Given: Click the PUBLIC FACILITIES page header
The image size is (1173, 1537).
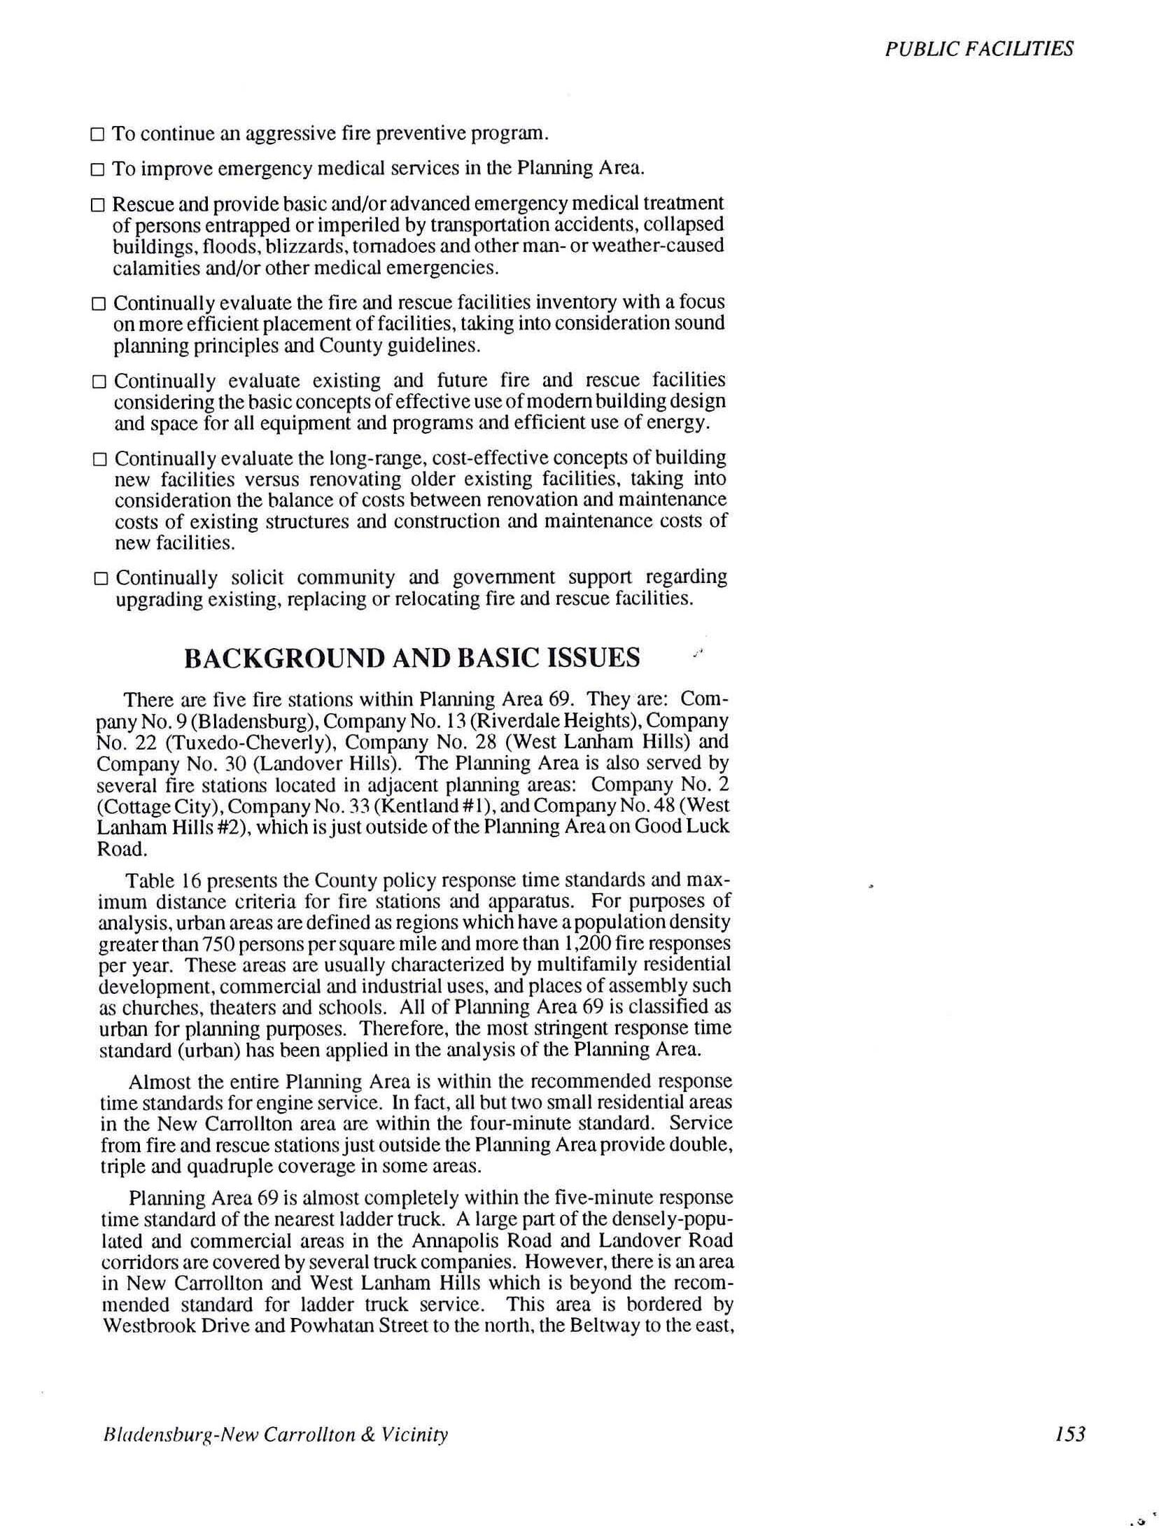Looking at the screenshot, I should click(x=978, y=48).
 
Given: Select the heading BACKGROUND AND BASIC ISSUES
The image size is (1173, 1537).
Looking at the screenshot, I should click(x=412, y=658).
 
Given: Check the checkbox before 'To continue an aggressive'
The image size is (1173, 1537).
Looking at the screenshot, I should click(x=97, y=134).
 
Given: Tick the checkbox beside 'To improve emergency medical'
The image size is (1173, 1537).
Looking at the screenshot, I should click(x=97, y=169).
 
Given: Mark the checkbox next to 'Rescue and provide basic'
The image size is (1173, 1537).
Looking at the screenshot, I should click(x=97, y=205).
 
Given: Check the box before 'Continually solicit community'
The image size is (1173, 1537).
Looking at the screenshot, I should click(x=101, y=579).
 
